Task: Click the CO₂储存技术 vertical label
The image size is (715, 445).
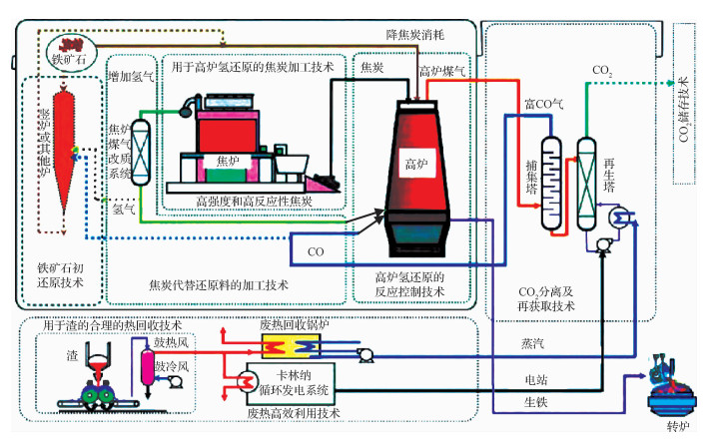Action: pyautogui.click(x=684, y=109)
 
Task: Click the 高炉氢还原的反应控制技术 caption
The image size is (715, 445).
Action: pyautogui.click(x=410, y=283)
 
